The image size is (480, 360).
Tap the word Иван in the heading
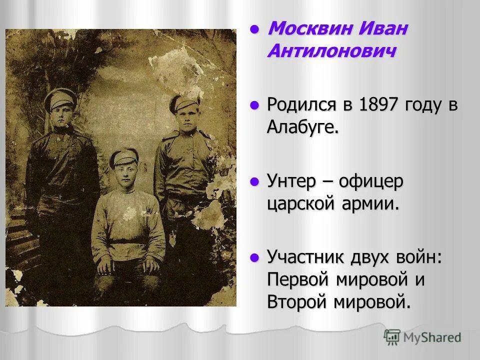[382, 29]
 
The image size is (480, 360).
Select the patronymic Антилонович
[332, 51]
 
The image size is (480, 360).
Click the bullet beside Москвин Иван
[255, 28]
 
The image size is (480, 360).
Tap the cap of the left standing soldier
[59, 98]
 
